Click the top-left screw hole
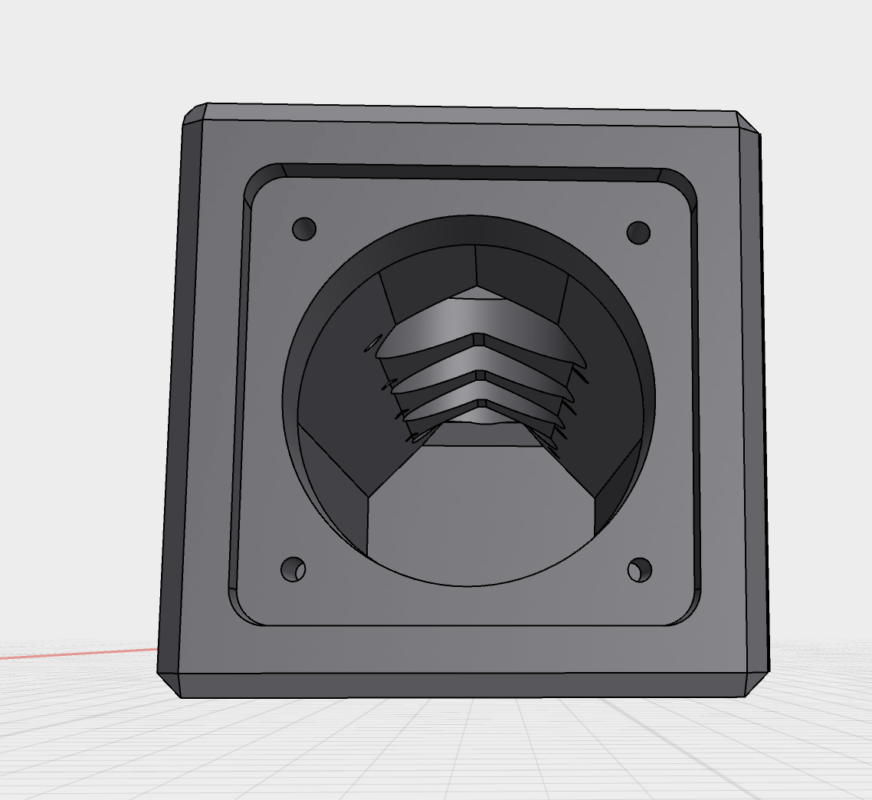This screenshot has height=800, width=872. tap(304, 228)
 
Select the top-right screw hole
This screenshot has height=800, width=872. tap(638, 232)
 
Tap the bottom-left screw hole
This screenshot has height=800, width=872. tap(293, 569)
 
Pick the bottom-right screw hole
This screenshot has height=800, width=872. tap(639, 569)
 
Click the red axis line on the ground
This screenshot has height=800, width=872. tap(77, 654)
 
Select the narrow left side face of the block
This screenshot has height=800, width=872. tap(170, 398)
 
